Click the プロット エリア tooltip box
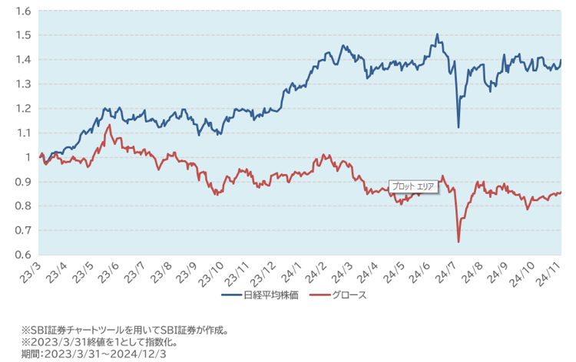point(413,186)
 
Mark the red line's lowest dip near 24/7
point(458,242)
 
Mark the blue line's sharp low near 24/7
point(458,127)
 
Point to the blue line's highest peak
point(437,35)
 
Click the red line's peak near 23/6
point(110,125)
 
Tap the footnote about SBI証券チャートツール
point(124,331)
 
